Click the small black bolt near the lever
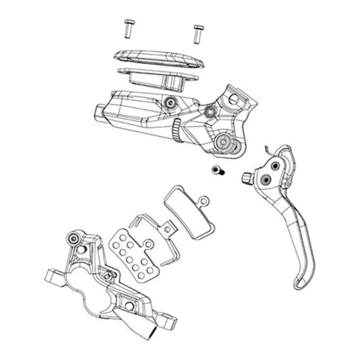217,170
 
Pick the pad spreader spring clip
155,230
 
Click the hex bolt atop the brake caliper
73,238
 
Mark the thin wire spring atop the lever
267,149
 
